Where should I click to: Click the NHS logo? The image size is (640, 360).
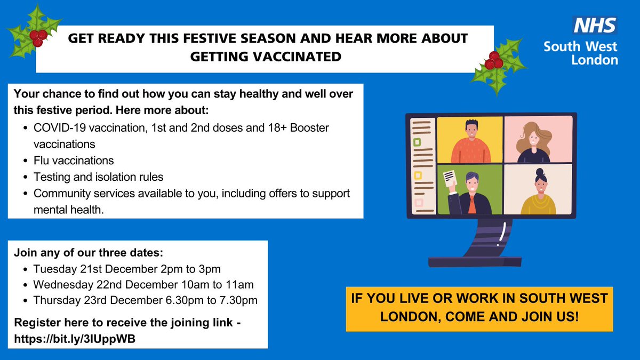click(x=595, y=26)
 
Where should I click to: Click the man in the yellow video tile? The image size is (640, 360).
click(x=470, y=141)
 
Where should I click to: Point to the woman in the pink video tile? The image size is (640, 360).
click(x=535, y=141)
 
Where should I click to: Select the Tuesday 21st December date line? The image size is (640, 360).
click(x=127, y=268)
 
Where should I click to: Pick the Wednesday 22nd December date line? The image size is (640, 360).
click(x=143, y=284)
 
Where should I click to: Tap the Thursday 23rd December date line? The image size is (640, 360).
click(x=145, y=300)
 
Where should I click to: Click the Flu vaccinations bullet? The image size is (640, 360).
click(x=74, y=160)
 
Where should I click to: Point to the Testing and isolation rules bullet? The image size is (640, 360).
click(x=98, y=177)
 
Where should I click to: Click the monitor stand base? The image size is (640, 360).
click(x=475, y=261)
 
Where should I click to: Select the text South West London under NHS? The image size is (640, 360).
click(x=580, y=53)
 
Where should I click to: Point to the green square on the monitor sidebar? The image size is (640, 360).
click(x=418, y=142)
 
